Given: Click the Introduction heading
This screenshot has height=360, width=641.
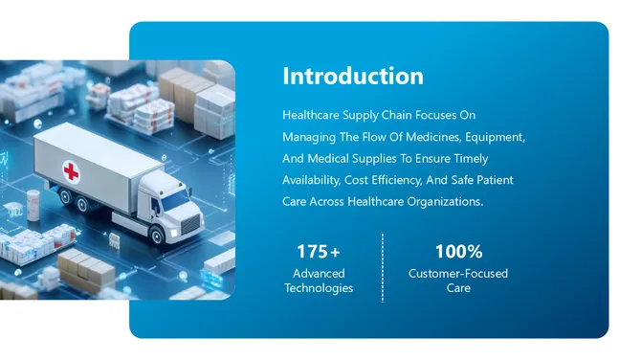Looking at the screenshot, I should pyautogui.click(x=353, y=77).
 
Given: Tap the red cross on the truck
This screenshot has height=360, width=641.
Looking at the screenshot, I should pyautogui.click(x=71, y=171).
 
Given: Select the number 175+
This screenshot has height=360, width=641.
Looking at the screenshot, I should pyautogui.click(x=318, y=252).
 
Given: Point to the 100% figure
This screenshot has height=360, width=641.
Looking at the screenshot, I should pyautogui.click(x=458, y=252).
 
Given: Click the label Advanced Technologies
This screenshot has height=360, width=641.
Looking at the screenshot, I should pyautogui.click(x=319, y=281).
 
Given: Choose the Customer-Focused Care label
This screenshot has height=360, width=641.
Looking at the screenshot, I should pyautogui.click(x=458, y=281).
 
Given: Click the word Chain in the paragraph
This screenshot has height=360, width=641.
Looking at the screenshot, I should pyautogui.click(x=405, y=115).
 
